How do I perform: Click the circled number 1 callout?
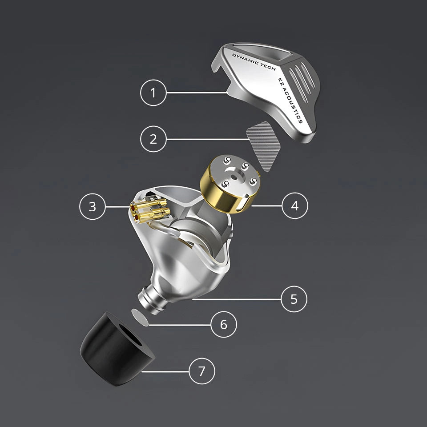point(153,93)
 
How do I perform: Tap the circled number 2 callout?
point(153,139)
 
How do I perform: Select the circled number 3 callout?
point(93,207)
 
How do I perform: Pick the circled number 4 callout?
point(295,205)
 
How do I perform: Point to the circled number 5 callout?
point(294,299)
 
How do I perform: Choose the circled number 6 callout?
point(224,325)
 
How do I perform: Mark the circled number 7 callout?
point(202,371)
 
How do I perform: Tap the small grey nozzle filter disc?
point(140,317)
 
